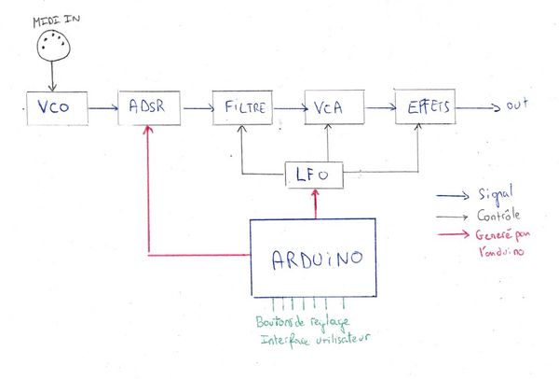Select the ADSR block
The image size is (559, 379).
[148, 108]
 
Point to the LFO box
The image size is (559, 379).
[314, 174]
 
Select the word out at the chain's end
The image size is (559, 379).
[517, 108]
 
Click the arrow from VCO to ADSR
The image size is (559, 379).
[102, 109]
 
